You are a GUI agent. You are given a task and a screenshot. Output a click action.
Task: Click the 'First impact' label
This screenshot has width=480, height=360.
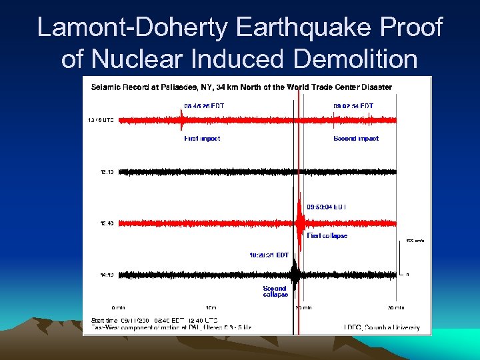201,139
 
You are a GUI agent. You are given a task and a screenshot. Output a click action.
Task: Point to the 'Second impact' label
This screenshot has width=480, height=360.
355,139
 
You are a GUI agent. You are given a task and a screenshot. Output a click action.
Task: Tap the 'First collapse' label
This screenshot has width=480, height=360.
327,236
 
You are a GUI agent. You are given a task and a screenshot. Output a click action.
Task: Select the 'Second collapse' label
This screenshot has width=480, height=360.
275,291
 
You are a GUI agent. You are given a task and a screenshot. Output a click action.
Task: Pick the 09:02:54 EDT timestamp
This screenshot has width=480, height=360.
353,106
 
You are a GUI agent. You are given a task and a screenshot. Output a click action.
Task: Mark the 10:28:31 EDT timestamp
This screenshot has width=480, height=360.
269,255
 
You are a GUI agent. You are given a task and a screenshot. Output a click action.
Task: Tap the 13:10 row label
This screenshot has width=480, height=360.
106,172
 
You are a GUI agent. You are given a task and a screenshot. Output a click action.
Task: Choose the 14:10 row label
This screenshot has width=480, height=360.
106,274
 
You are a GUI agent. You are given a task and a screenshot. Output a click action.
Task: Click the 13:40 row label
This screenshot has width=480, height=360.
106,223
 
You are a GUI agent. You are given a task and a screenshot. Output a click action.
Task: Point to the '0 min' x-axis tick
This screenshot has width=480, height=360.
118,307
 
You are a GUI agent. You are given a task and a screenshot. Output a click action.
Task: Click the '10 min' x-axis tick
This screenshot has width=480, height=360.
210,307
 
